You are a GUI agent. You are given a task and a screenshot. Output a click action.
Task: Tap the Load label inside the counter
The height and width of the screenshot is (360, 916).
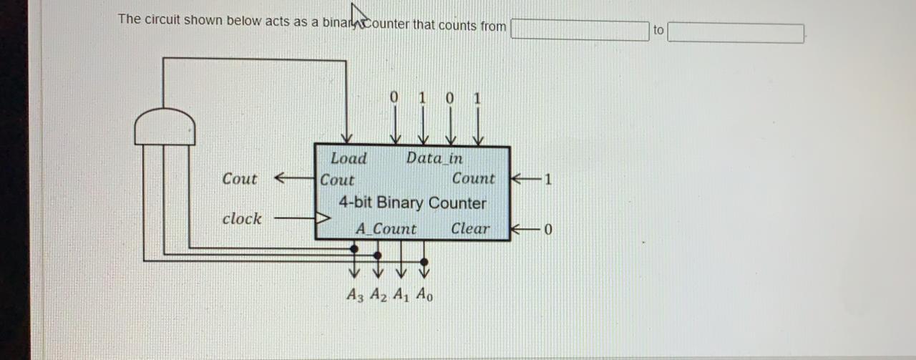tap(349, 159)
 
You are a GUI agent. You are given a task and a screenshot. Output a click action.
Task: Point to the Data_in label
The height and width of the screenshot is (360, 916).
tap(434, 158)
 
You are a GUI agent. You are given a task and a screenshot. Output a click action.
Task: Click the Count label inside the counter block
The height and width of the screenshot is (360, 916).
tap(473, 179)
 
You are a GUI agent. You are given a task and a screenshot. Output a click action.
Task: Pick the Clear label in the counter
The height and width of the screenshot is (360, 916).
tap(470, 229)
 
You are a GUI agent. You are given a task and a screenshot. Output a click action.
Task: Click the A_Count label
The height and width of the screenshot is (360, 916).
tap(386, 229)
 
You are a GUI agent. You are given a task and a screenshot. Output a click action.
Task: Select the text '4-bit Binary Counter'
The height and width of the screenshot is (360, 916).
tap(412, 203)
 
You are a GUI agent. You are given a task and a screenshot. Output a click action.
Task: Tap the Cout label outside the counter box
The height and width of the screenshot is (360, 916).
tap(239, 179)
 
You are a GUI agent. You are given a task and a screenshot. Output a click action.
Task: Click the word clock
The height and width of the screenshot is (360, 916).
tap(242, 218)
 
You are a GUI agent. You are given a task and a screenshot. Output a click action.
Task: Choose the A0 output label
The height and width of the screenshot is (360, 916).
tap(424, 293)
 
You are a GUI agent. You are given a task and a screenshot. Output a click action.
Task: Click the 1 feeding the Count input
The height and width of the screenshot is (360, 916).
tap(548, 179)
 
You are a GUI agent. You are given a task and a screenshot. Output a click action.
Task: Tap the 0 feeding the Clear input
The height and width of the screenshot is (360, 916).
tap(548, 230)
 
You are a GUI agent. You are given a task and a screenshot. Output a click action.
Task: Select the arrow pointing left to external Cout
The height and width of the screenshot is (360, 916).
tap(293, 178)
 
